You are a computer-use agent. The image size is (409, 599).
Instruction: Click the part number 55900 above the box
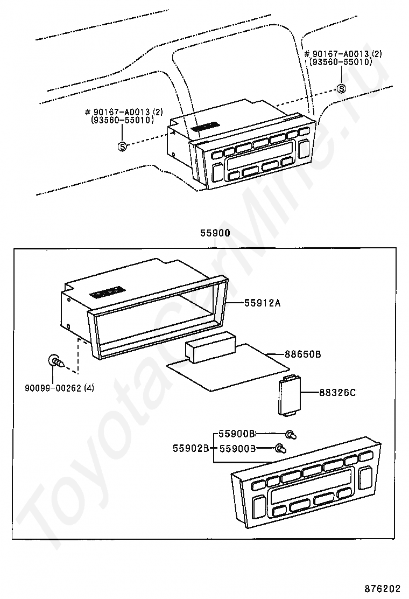pyautogui.click(x=215, y=234)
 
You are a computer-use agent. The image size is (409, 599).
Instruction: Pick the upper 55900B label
pyautogui.click(x=237, y=434)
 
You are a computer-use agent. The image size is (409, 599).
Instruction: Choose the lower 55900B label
pyautogui.click(x=237, y=448)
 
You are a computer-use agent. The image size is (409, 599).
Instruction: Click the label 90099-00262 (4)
pyautogui.click(x=60, y=387)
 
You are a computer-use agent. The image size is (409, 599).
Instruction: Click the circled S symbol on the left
pyautogui.click(x=122, y=146)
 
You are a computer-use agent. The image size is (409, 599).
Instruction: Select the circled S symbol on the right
pyautogui.click(x=341, y=89)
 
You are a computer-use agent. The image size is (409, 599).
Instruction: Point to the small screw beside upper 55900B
pyautogui.click(x=291, y=434)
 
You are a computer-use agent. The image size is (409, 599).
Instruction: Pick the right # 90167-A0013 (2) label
pyautogui.click(x=343, y=54)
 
